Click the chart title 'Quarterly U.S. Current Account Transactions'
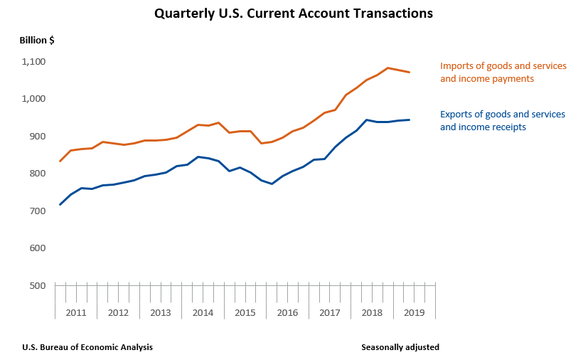[294, 14]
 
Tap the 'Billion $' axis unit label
[37, 40]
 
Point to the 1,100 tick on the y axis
[33, 62]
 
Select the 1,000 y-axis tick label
[33, 99]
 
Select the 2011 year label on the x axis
[76, 312]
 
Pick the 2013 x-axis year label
[161, 312]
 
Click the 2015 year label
[245, 312]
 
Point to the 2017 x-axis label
[330, 312]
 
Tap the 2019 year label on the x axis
[414, 312]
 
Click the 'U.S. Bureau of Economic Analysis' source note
[87, 347]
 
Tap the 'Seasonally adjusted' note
[400, 347]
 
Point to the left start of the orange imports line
[60, 161]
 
